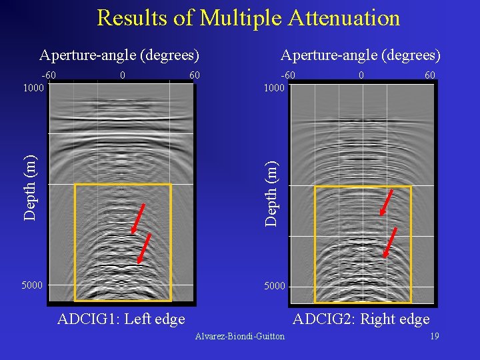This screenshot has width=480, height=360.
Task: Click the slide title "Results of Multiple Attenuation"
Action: [x=248, y=18]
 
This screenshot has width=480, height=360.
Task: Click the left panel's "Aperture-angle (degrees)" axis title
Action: [x=119, y=55]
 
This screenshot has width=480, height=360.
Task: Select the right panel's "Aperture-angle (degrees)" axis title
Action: [x=361, y=55]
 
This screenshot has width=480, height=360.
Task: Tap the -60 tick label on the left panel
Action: [x=49, y=75]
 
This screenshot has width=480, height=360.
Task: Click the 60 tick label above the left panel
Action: [x=194, y=75]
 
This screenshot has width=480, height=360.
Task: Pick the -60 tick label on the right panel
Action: [x=288, y=75]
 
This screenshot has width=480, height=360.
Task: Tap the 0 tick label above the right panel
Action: [x=361, y=75]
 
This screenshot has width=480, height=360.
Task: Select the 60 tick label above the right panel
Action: [x=430, y=75]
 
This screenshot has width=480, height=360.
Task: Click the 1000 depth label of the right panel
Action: [x=273, y=87]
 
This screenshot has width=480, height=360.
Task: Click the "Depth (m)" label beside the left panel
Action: [x=30, y=186]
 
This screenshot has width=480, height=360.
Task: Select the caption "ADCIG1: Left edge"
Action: [x=121, y=319]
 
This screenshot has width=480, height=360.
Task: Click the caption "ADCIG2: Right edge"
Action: [x=361, y=319]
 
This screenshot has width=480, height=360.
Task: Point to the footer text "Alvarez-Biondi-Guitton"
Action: [x=239, y=336]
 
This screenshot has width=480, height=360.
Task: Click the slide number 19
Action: [x=434, y=336]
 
